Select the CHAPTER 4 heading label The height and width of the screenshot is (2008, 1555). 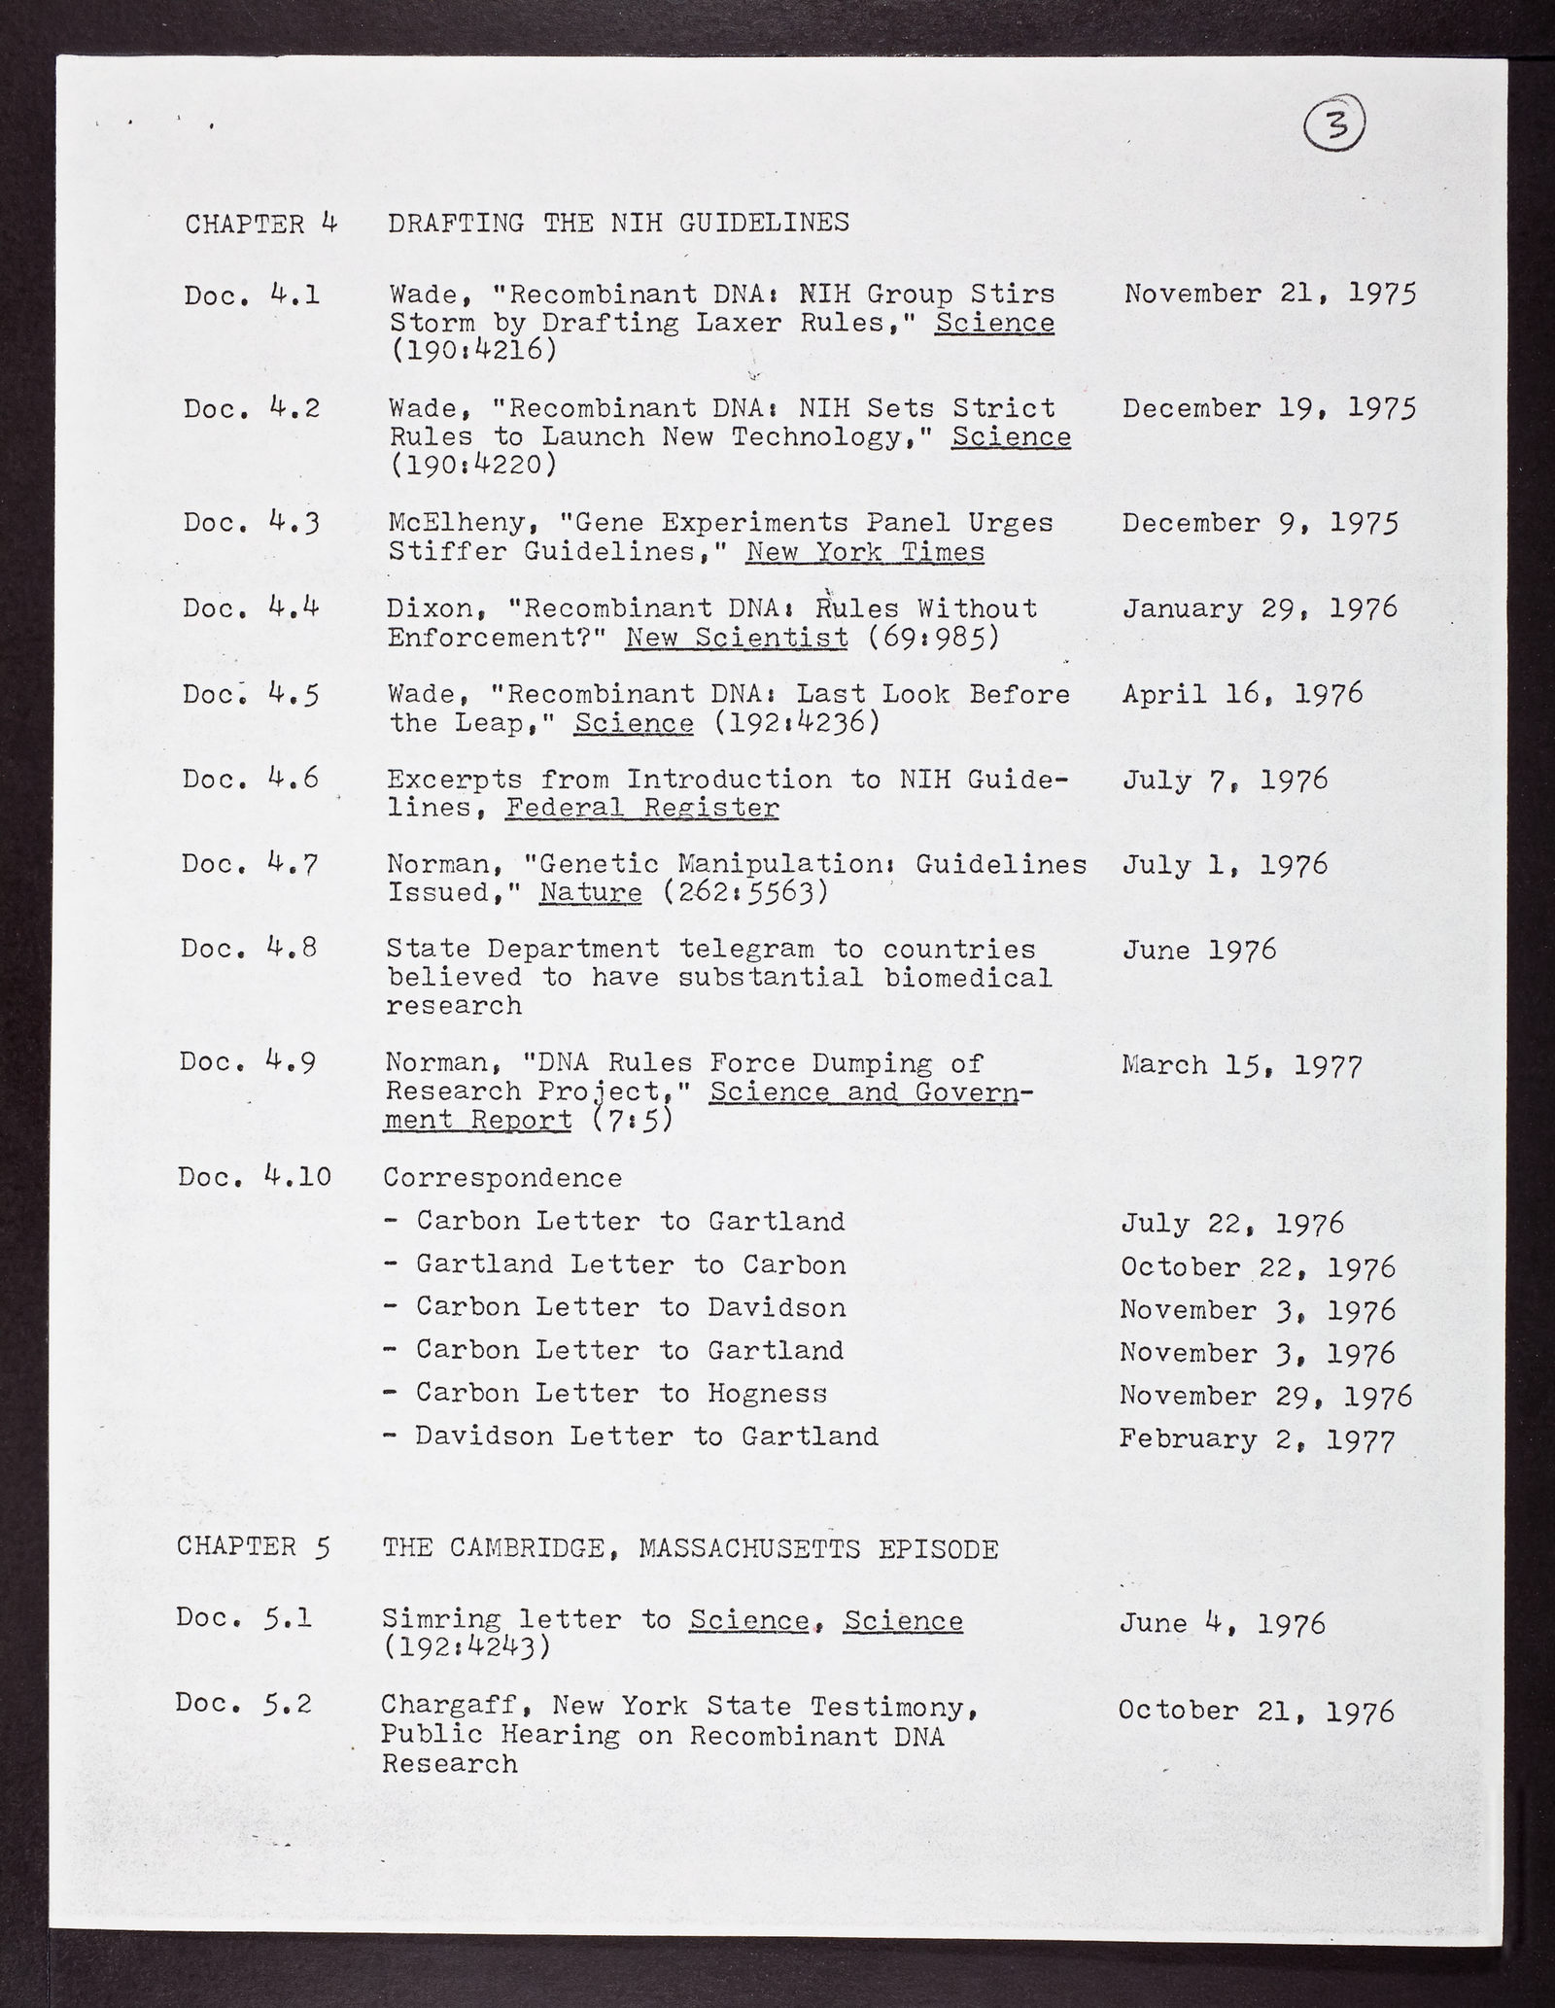point(260,224)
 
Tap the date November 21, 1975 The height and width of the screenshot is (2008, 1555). point(1270,294)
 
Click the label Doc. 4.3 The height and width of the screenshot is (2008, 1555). point(252,523)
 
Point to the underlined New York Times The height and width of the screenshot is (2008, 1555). point(865,552)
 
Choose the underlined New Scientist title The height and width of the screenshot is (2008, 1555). point(736,638)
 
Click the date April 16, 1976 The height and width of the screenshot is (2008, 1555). point(1242,694)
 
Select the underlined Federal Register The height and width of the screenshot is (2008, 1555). point(641,808)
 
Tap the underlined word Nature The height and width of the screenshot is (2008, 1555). point(591,893)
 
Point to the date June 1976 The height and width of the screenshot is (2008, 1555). point(1197,950)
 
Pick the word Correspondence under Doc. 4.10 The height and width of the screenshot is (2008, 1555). point(503,1178)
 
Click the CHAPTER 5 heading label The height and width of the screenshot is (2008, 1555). point(253,1548)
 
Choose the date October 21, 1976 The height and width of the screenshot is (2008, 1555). point(1256,1710)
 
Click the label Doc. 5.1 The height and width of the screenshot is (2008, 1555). point(244,1619)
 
